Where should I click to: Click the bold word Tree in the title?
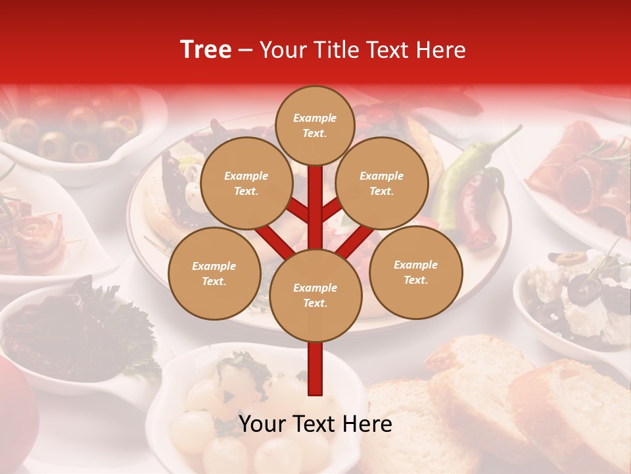(206, 50)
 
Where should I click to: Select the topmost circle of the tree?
(315, 125)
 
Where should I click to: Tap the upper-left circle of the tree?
(246, 184)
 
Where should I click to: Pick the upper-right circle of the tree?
(381, 184)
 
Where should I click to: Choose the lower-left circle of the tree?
(214, 274)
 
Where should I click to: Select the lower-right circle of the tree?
(415, 273)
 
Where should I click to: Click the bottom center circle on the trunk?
(315, 296)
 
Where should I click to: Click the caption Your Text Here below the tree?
(315, 424)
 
